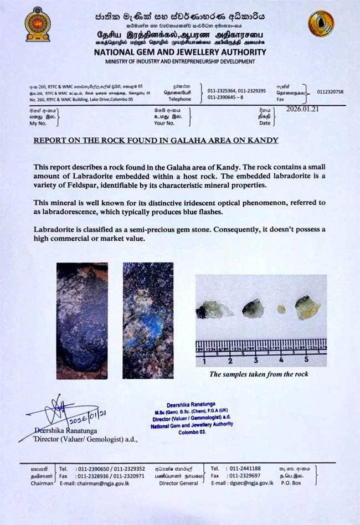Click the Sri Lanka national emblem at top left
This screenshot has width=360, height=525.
point(37,24)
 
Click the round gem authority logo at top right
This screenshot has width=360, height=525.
point(321,24)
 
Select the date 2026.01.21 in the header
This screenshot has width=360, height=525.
point(302,109)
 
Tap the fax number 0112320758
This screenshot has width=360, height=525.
point(330,92)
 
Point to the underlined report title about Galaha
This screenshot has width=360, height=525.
point(156,141)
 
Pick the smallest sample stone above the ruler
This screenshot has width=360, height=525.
point(281,310)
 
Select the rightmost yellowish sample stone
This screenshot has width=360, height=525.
point(307,308)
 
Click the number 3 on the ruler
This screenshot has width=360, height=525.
point(256,361)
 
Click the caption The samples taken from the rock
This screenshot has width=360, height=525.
point(258,374)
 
